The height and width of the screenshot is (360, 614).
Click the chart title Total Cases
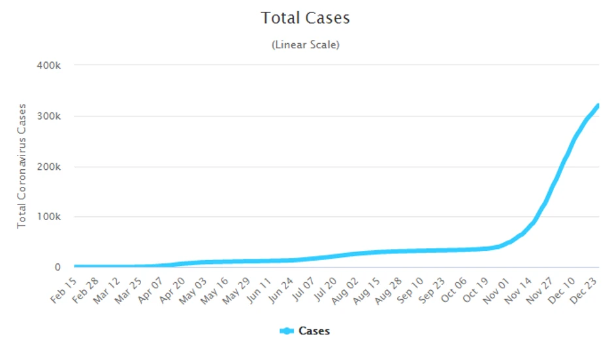click(306, 18)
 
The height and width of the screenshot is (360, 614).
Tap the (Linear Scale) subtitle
click(306, 45)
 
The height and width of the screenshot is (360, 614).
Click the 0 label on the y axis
click(58, 267)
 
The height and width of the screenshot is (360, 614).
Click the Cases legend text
click(314, 331)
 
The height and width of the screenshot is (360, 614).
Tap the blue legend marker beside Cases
click(287, 331)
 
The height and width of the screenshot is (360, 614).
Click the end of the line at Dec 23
click(598, 105)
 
